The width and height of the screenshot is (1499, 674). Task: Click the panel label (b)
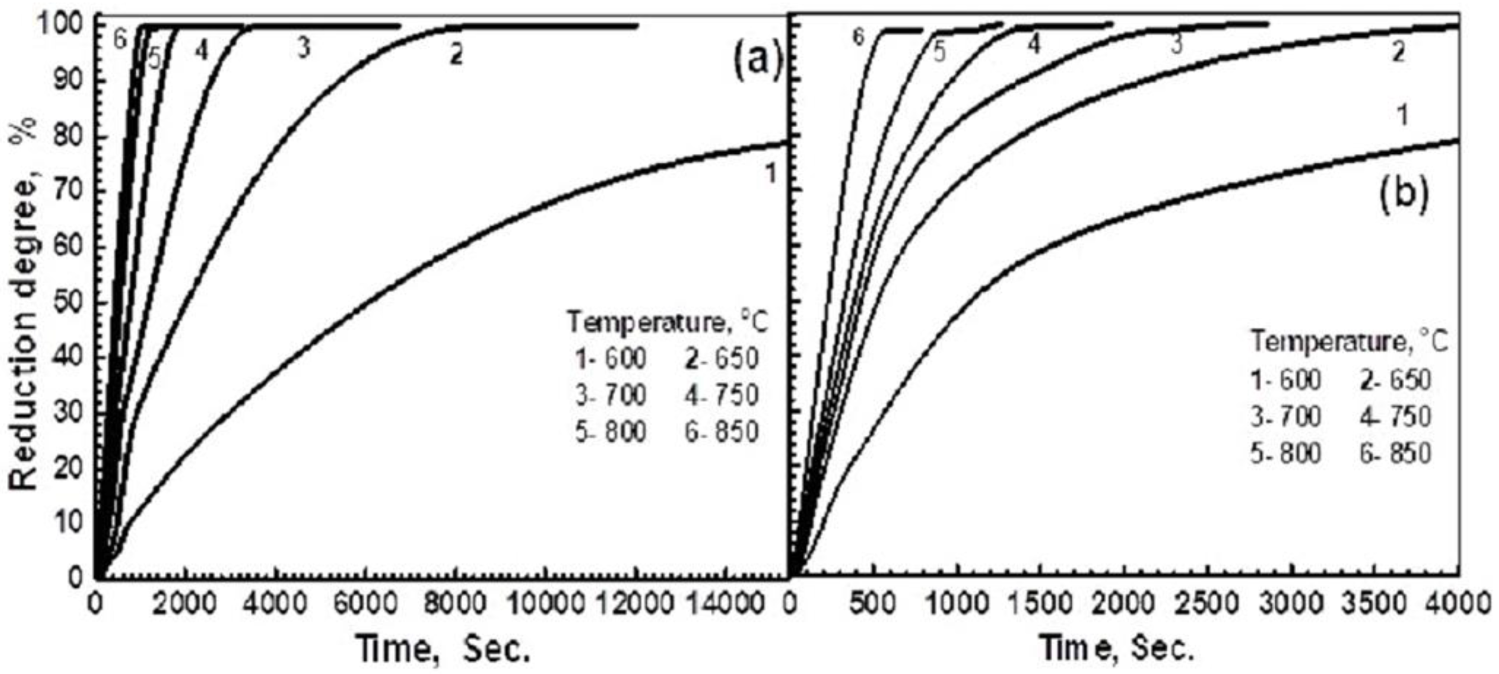coord(1403,195)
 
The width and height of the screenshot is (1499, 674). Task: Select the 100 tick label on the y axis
coord(64,26)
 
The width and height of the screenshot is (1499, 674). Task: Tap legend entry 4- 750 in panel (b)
coord(1395,417)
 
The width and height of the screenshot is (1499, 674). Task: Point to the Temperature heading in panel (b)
coord(1349,342)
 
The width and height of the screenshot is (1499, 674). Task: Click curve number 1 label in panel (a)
coord(770,173)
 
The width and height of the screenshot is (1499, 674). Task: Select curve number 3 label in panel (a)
coord(303,49)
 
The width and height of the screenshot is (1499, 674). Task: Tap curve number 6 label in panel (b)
coord(858,37)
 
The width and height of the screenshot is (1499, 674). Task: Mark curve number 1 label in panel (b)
coord(1403,115)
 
